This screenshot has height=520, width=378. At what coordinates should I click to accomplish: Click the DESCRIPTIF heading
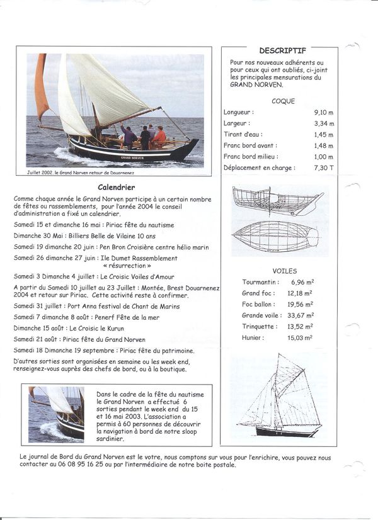point(282,50)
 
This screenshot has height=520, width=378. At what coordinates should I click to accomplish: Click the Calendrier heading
point(117,187)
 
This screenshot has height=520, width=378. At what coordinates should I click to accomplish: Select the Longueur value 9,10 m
point(324,112)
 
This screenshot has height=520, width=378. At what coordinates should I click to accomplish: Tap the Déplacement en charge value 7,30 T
point(324,167)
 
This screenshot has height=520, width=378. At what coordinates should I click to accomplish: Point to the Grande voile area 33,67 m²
point(301,315)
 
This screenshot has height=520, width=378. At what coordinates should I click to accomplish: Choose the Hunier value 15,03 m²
point(301,337)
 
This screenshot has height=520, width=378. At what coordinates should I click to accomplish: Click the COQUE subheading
point(283,101)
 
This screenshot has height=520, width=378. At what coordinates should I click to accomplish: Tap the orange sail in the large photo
point(41,88)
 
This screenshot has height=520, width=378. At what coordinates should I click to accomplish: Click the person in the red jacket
point(159,136)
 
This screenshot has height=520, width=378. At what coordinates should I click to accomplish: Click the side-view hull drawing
point(275,201)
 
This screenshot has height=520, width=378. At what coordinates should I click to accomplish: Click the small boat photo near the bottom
point(56,414)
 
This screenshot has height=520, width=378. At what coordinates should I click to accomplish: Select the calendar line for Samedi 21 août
point(79,339)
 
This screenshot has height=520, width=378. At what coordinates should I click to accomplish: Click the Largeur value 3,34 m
point(324,123)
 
